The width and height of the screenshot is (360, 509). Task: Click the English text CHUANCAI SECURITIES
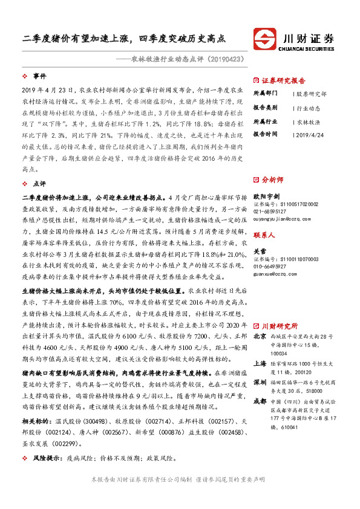309,45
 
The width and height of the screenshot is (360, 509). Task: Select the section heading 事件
39,76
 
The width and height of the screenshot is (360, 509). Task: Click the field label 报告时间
264,133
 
